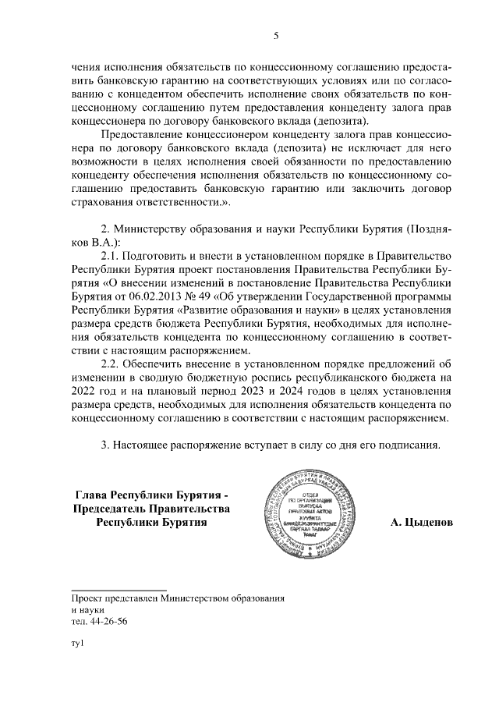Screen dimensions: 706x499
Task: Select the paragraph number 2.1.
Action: pos(114,255)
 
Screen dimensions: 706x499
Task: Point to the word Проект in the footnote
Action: pos(86,598)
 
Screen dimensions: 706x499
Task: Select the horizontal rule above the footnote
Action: pos(119,589)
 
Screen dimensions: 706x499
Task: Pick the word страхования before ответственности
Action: pos(106,202)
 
